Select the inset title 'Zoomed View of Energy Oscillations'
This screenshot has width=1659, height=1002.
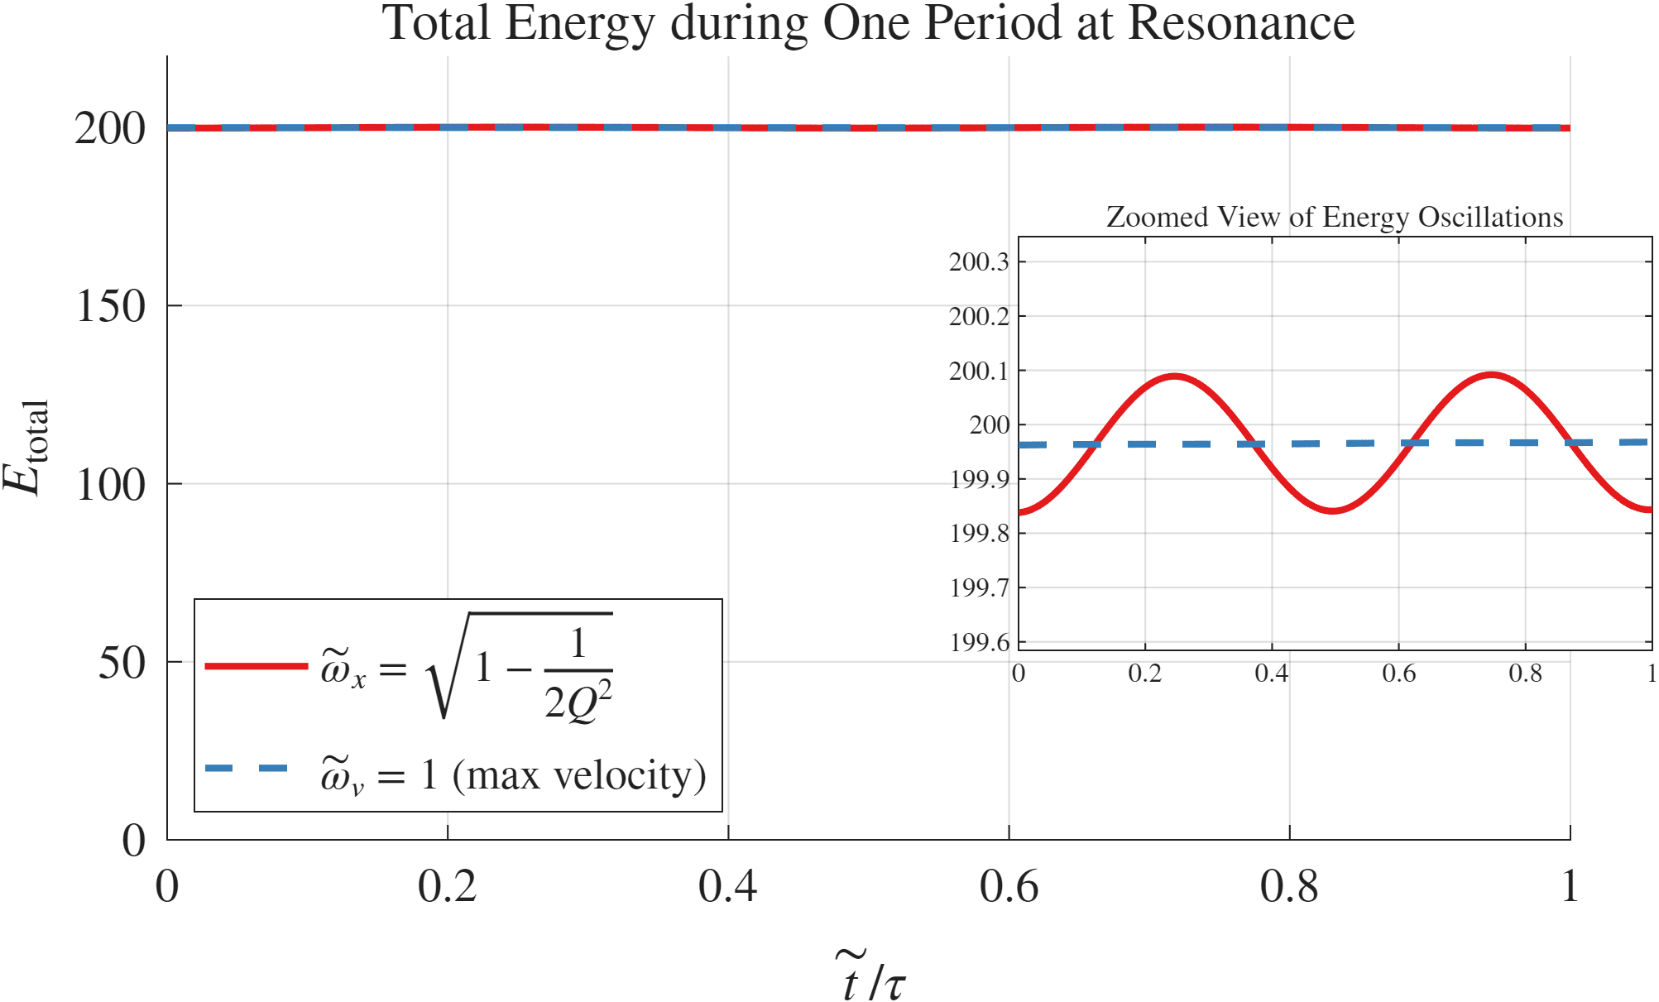point(1334,217)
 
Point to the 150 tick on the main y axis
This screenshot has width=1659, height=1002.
point(110,306)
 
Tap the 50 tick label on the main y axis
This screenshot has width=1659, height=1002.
point(122,663)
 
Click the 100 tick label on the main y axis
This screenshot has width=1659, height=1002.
point(110,485)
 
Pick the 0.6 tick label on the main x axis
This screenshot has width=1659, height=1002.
point(1009,887)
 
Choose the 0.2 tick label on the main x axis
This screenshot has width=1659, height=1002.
point(447,887)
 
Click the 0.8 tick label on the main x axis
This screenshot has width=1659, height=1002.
point(1289,887)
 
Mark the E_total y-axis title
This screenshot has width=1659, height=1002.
point(26,447)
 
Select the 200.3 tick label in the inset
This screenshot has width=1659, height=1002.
point(979,262)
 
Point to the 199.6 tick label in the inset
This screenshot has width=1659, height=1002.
point(979,642)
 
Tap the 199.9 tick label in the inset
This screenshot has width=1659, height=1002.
point(979,479)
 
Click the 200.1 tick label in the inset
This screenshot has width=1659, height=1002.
point(979,371)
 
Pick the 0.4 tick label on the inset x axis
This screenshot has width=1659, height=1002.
point(1271,674)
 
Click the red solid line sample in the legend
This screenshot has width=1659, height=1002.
point(256,666)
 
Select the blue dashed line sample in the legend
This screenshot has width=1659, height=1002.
point(247,769)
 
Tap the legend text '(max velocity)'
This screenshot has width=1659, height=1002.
point(579,775)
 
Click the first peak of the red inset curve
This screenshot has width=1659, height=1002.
point(1175,376)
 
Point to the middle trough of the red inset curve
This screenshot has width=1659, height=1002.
point(1333,511)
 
